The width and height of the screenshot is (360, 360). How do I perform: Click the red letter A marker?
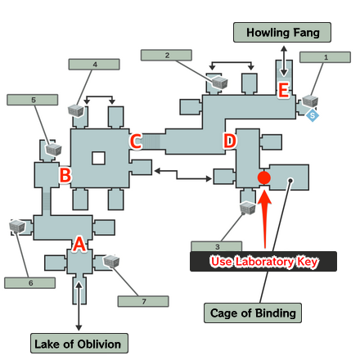coord(79,243)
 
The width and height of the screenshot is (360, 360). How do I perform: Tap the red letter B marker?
coord(65,174)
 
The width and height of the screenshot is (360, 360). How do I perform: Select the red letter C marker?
coord(136,141)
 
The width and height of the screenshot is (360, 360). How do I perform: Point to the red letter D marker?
coord(230,142)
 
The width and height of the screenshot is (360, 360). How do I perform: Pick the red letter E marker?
coord(283,91)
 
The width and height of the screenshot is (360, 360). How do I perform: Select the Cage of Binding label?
coord(241,313)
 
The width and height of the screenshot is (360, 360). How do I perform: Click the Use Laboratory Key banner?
coord(263,262)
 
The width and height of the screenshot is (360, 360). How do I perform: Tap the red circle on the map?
coord(263,178)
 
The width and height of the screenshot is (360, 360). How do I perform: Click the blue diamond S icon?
coord(313,116)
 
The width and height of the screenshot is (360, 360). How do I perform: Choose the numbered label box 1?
coord(326,57)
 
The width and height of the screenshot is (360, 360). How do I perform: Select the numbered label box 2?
coord(167,55)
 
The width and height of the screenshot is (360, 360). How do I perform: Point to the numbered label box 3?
coord(217,245)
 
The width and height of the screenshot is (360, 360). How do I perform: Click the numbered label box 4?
coord(95,64)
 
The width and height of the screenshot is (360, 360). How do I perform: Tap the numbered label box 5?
coord(33,100)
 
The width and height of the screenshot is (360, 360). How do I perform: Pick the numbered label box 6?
coord(30,282)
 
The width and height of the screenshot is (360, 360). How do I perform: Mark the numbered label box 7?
coord(143,301)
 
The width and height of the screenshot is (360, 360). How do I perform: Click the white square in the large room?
coord(98,158)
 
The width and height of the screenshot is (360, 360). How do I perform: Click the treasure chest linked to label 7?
coord(111,261)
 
